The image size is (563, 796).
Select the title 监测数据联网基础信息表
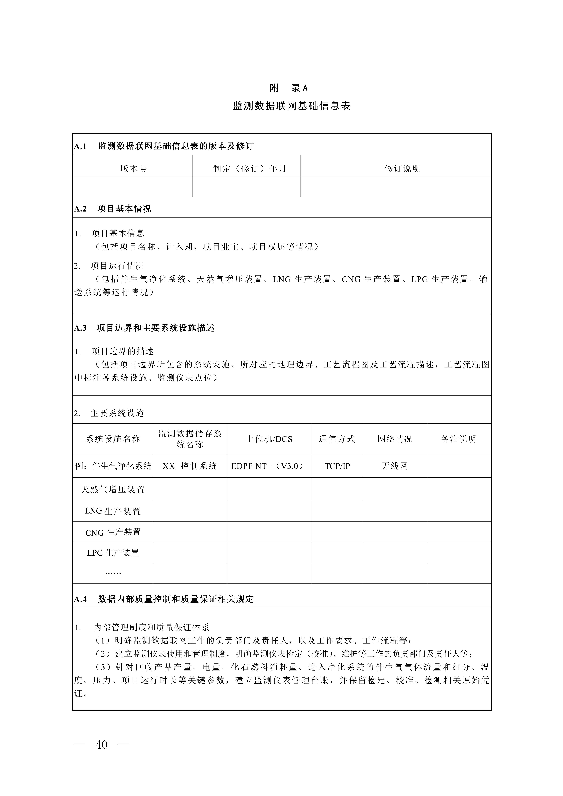click(x=292, y=106)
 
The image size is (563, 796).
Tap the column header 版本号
click(x=133, y=169)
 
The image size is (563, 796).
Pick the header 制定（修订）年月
click(x=250, y=169)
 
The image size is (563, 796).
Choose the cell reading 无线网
click(x=394, y=466)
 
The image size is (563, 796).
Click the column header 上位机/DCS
click(x=269, y=439)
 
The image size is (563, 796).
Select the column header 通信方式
click(x=337, y=439)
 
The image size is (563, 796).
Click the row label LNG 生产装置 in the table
click(x=113, y=511)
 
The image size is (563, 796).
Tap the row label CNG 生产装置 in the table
click(x=113, y=532)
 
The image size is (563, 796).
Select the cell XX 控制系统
click(x=190, y=466)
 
